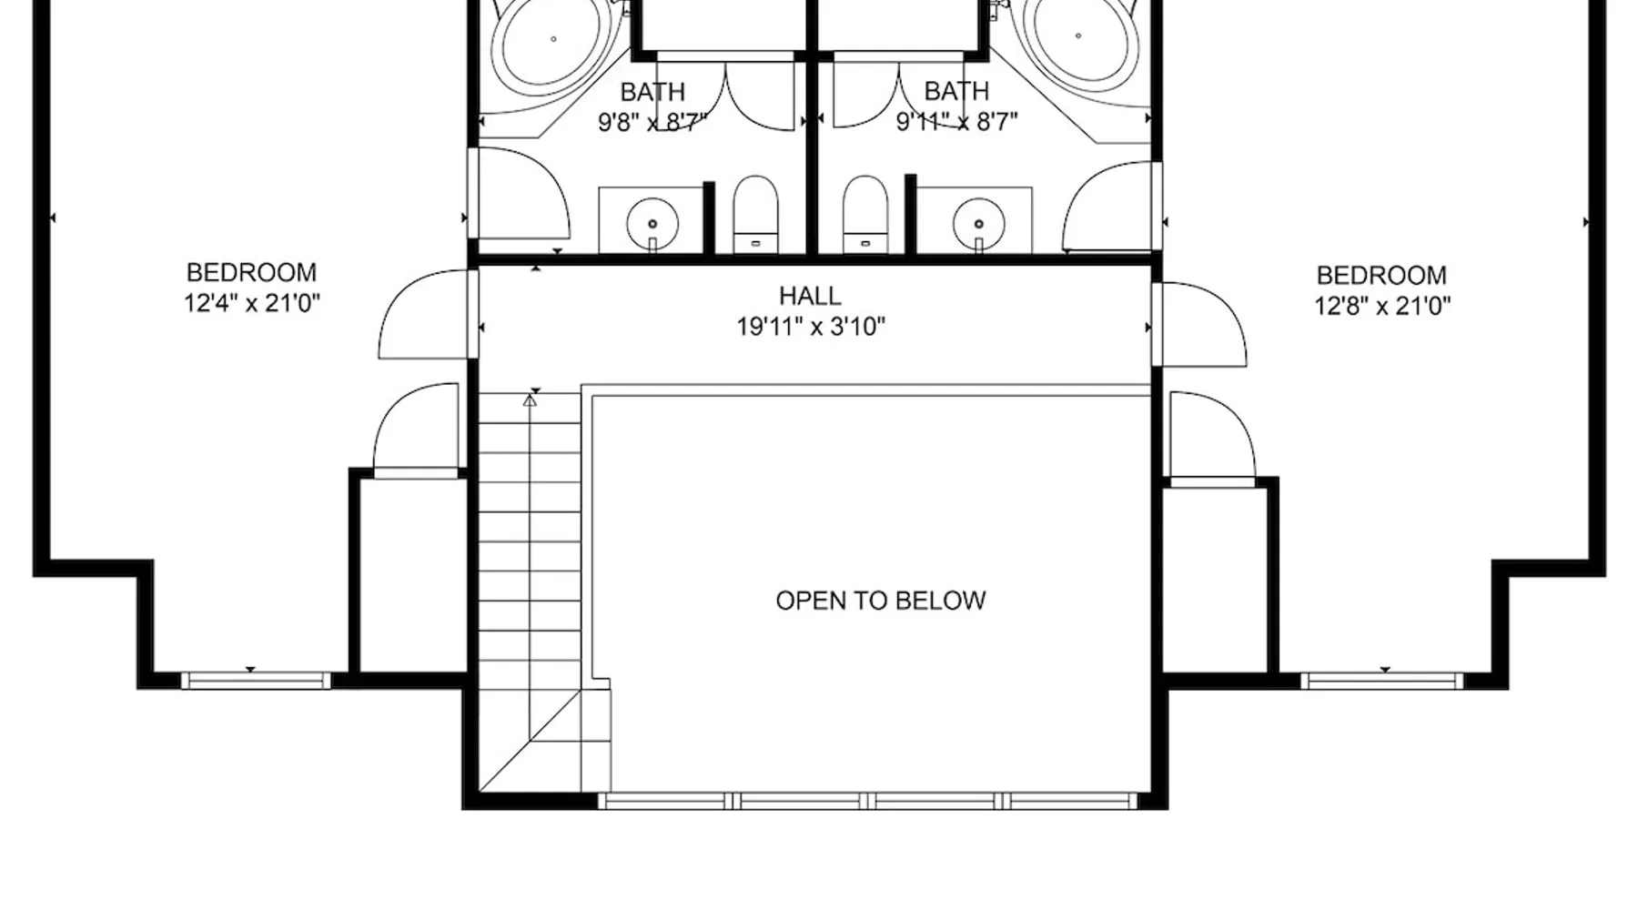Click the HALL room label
[810, 296]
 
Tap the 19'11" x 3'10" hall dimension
[811, 327]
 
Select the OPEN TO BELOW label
[881, 601]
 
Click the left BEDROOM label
[251, 273]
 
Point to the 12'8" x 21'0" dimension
[1381, 306]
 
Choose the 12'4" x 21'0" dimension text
[252, 303]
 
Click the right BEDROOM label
[1381, 276]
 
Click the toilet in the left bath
[755, 214]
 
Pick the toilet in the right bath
[864, 214]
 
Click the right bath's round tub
[1078, 36]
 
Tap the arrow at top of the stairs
[530, 399]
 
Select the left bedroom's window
[256, 680]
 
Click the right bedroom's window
[1381, 681]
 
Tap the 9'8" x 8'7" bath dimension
[652, 122]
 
